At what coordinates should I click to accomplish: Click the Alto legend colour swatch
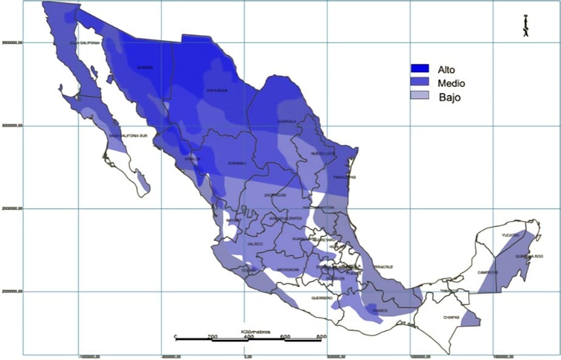pyautogui.click(x=420, y=69)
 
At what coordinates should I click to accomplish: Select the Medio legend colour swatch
pyautogui.click(x=420, y=83)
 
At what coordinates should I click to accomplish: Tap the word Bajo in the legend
pyautogui.click(x=448, y=97)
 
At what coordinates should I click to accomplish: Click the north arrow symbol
pyautogui.click(x=525, y=26)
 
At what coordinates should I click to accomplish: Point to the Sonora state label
pyautogui.click(x=144, y=67)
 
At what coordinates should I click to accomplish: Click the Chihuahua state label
pyautogui.click(x=218, y=91)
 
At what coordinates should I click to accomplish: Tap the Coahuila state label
pyautogui.click(x=287, y=121)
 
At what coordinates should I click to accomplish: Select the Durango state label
pyautogui.click(x=237, y=163)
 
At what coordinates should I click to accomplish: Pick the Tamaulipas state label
pyautogui.click(x=345, y=177)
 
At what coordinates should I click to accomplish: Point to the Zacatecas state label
pyautogui.click(x=274, y=195)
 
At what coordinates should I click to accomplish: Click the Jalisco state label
pyautogui.click(x=255, y=244)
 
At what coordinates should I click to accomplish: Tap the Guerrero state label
pyautogui.click(x=322, y=298)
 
